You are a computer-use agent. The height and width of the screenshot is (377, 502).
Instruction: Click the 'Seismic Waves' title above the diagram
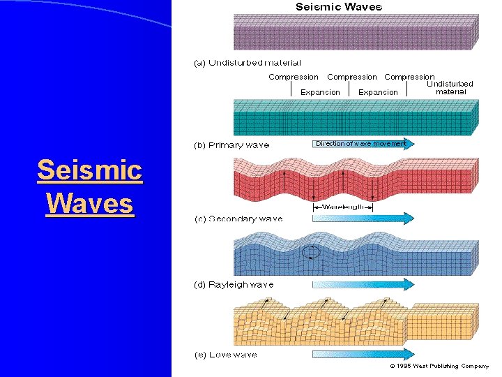(339, 7)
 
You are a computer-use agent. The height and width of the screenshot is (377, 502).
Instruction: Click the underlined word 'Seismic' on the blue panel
(89, 170)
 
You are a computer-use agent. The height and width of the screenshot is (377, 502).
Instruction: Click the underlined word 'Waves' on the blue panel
(89, 204)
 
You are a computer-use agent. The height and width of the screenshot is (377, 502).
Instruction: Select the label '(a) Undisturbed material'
(248, 64)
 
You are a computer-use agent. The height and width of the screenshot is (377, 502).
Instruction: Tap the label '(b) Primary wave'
(231, 145)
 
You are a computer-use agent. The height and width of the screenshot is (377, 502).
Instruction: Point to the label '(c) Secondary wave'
(238, 219)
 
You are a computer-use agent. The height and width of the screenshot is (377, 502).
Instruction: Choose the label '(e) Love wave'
(225, 355)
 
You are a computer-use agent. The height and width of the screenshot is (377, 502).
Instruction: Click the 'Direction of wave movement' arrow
(360, 144)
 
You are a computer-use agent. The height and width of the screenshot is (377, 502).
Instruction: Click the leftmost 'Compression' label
(294, 77)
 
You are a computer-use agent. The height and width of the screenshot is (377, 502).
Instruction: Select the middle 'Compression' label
(351, 77)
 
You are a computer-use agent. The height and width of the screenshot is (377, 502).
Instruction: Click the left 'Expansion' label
(320, 92)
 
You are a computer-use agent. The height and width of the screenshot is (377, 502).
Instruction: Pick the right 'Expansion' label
(378, 92)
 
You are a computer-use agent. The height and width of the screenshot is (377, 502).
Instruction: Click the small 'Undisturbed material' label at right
(450, 87)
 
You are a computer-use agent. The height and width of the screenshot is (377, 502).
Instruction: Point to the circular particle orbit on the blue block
(312, 253)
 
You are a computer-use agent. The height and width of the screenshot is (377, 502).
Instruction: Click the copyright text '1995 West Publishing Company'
(439, 366)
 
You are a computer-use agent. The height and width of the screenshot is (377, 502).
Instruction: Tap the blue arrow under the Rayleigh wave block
(363, 284)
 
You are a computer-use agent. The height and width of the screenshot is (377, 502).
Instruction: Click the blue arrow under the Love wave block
(363, 354)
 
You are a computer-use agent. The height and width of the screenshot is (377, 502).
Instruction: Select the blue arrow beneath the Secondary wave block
(363, 219)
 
